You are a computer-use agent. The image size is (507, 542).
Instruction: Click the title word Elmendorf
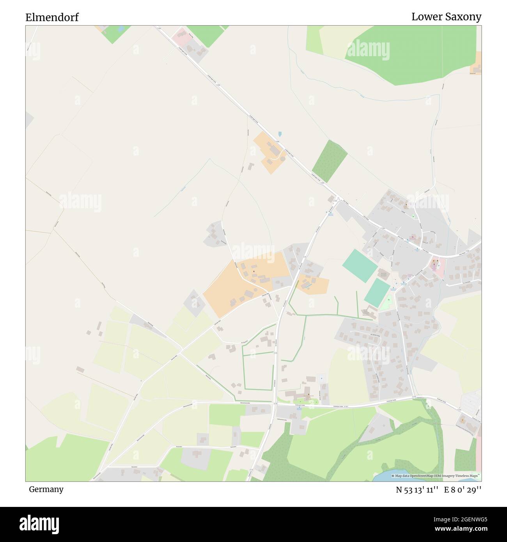52,17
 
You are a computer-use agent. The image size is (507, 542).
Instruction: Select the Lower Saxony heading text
446,16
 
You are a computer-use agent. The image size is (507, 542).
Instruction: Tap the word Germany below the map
46,489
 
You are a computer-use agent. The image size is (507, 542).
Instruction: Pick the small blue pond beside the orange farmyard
280,134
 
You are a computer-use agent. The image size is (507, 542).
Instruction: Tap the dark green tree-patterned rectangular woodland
330,161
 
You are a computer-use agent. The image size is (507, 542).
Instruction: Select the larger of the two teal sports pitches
360,266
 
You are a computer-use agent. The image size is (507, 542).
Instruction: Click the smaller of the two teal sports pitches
377,292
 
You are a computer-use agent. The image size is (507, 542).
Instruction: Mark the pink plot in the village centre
437,268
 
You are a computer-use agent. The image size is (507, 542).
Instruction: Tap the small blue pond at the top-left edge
120,29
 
